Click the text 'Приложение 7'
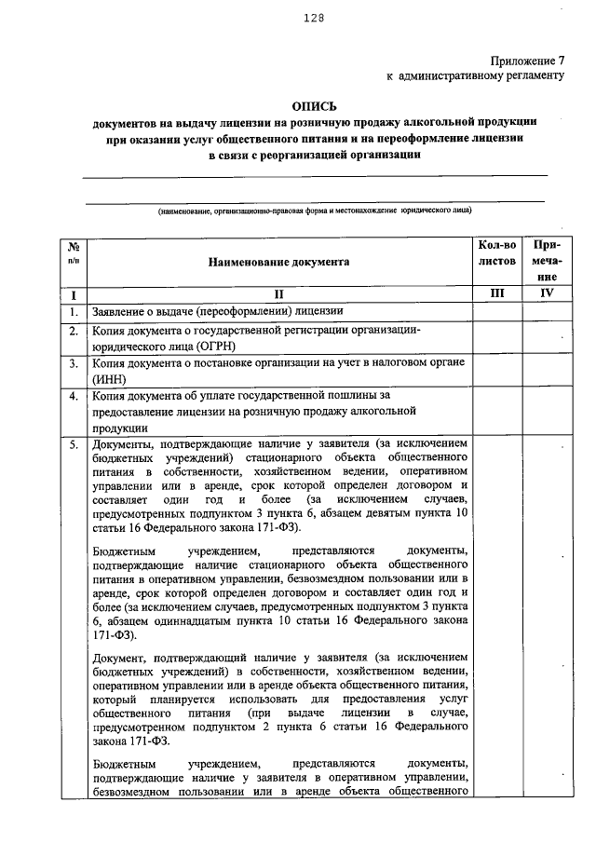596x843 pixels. tap(526, 59)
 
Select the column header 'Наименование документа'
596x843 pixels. tap(279, 262)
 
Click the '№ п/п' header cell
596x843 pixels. tap(74, 253)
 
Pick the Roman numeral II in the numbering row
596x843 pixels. tap(279, 293)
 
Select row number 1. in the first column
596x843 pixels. tap(73, 311)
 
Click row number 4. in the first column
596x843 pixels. tap(73, 397)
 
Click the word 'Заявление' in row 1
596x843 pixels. tap(119, 311)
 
